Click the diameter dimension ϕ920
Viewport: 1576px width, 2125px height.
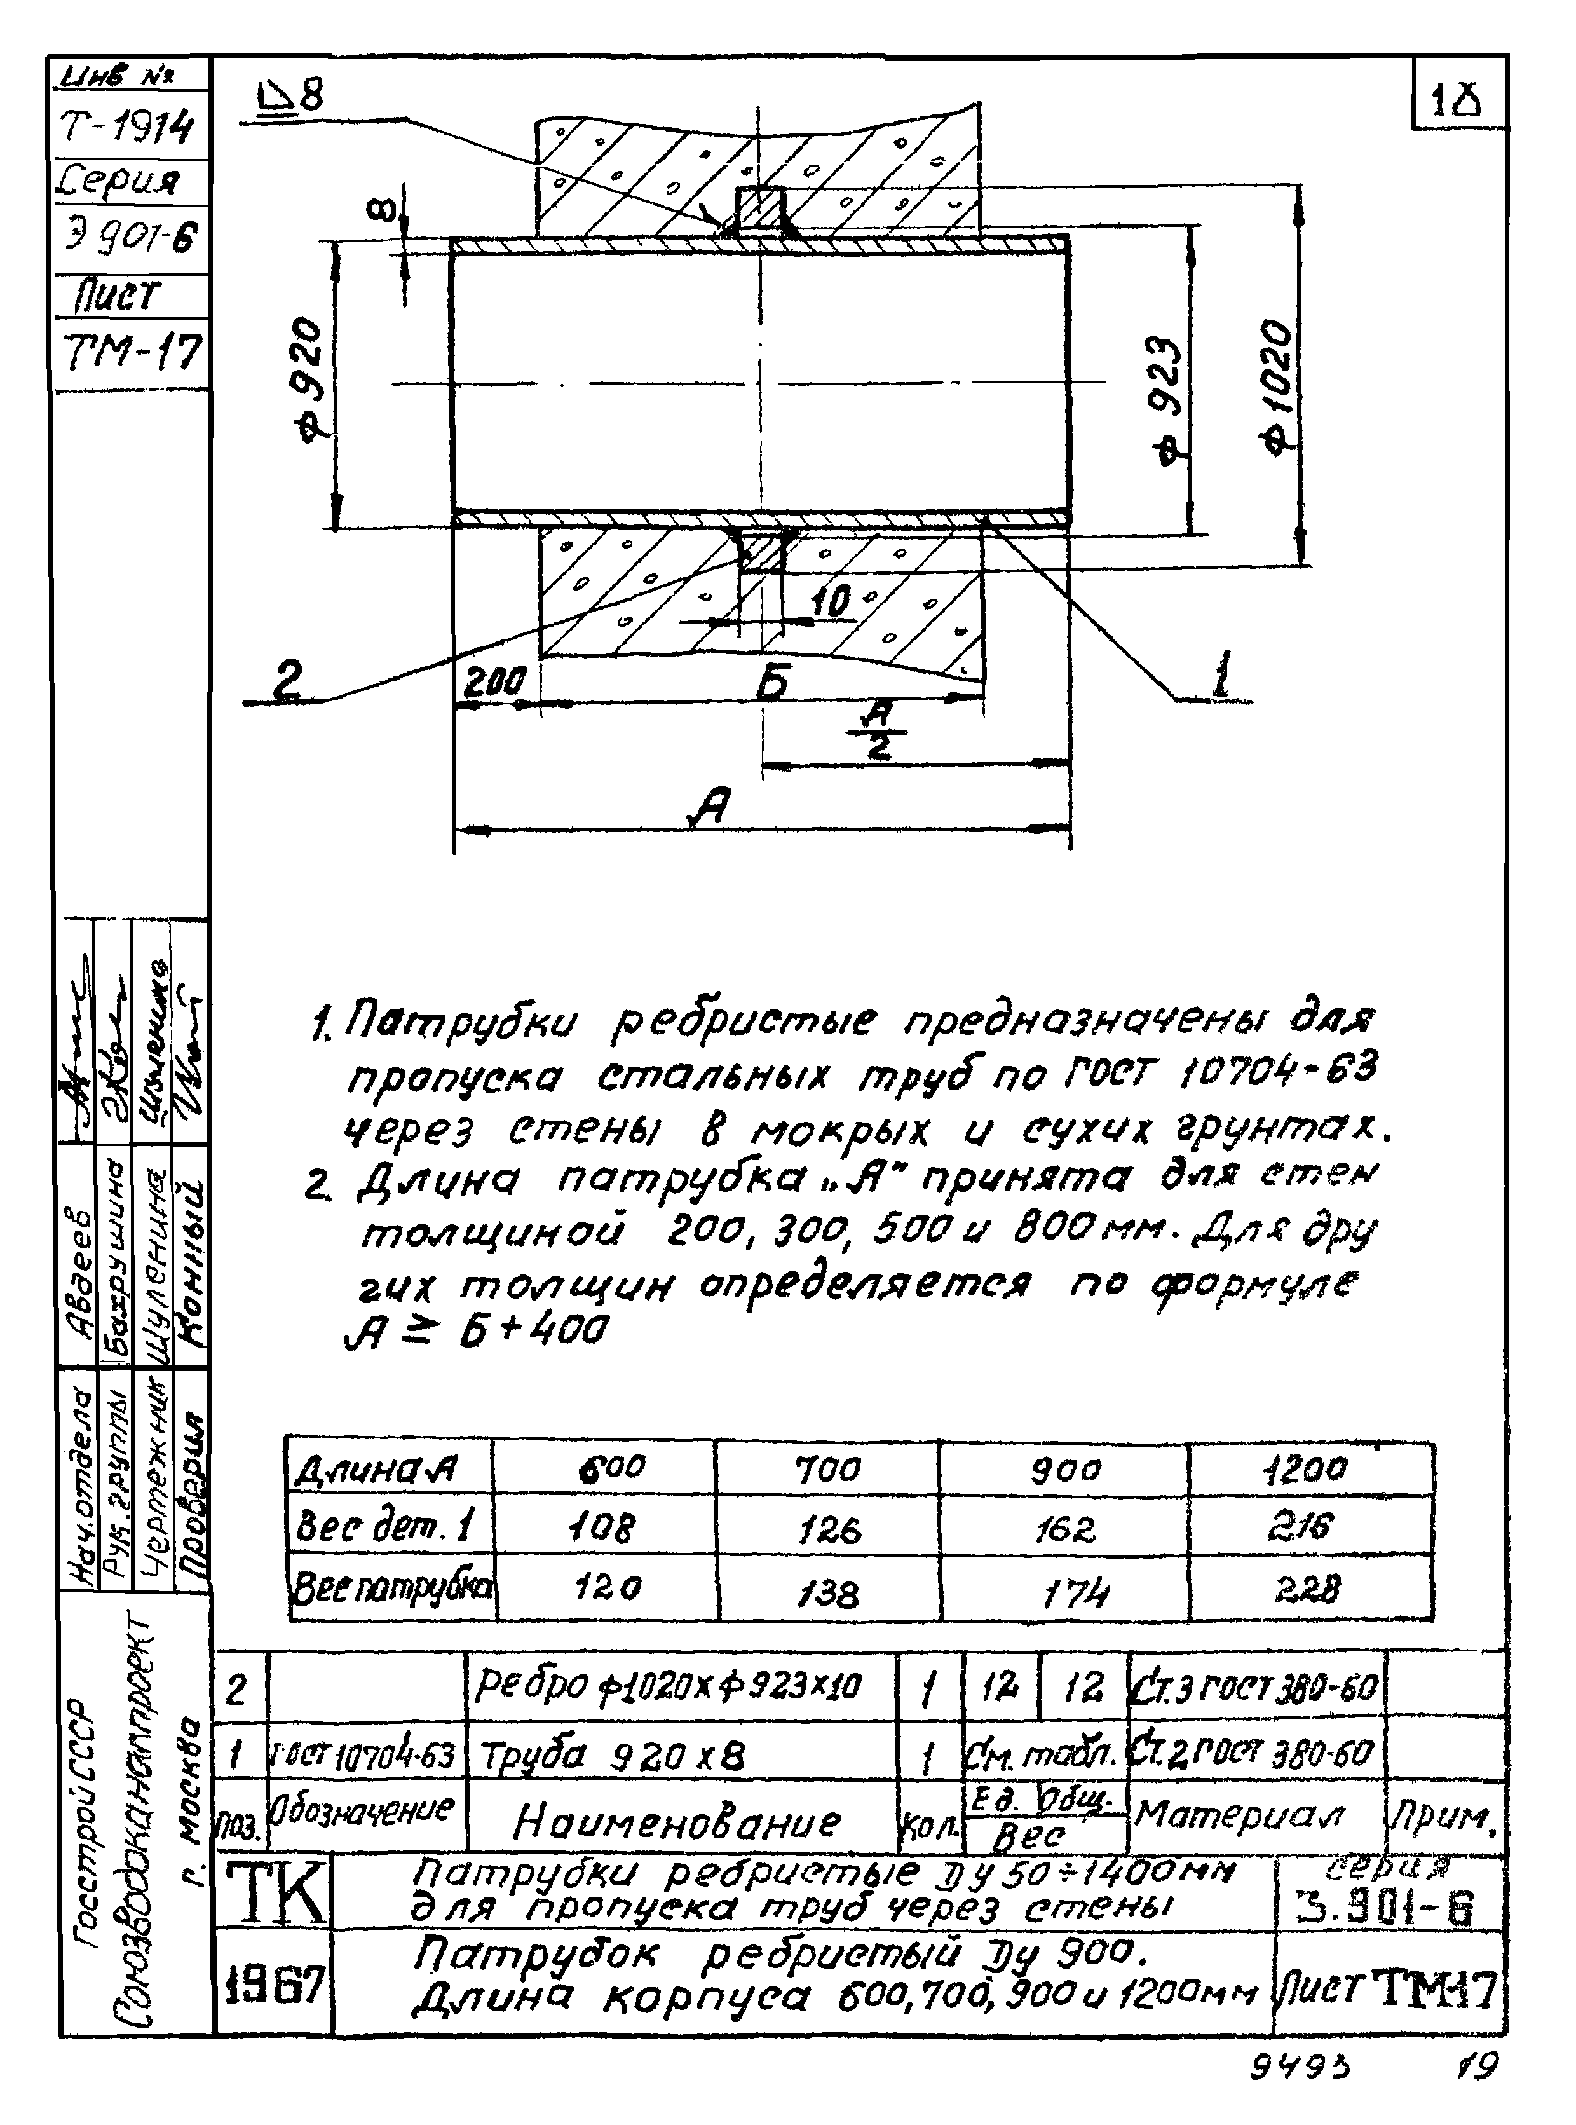tap(312, 379)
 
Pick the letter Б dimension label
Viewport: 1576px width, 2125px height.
tap(775, 683)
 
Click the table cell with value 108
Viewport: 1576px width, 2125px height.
tap(603, 1529)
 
